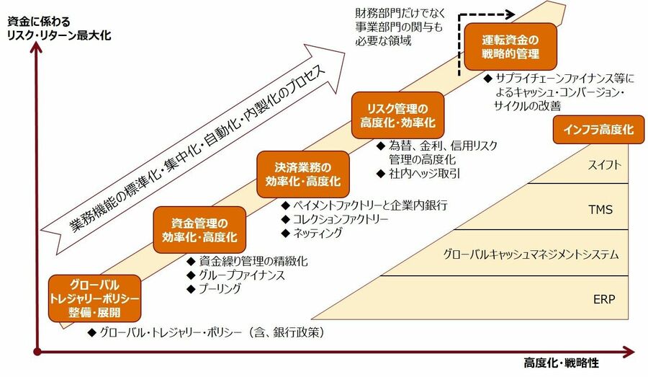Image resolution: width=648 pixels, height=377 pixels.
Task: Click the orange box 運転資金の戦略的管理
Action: tap(510, 46)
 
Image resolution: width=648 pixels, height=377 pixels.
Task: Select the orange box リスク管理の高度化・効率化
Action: tap(398, 115)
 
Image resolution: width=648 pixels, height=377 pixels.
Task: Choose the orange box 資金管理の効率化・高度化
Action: tap(199, 229)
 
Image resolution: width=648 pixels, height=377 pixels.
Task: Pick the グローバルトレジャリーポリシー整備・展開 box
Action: tap(94, 297)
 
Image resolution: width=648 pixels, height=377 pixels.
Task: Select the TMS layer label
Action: tap(600, 210)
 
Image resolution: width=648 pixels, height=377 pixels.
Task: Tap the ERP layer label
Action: tap(603, 298)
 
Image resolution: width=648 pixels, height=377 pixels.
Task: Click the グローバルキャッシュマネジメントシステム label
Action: tap(531, 254)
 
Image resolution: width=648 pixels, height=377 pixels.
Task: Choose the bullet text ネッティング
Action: tap(317, 233)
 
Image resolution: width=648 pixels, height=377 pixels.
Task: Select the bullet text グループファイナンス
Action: tap(241, 275)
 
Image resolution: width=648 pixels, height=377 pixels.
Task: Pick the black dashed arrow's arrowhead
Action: tap(509, 14)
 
